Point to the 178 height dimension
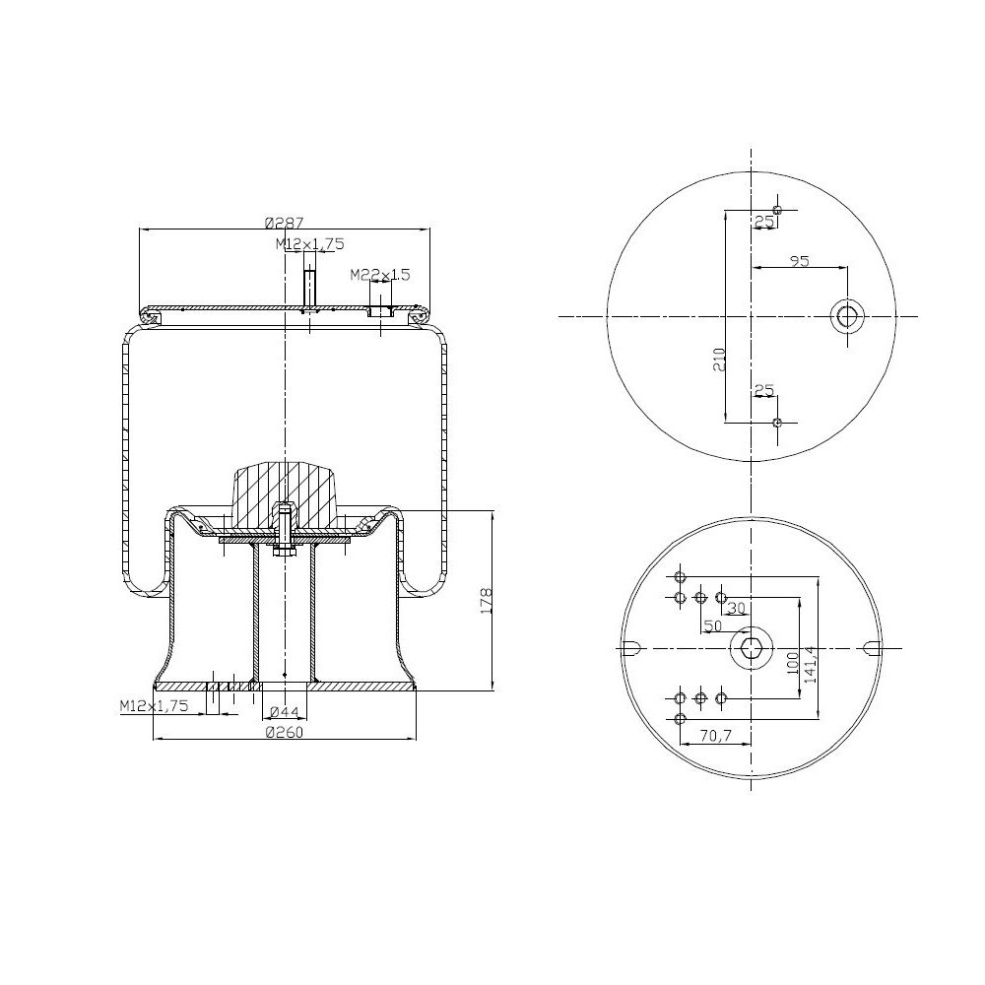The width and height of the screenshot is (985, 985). (x=486, y=600)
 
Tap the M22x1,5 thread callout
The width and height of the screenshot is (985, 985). (x=380, y=274)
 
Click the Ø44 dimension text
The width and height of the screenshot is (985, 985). (x=285, y=712)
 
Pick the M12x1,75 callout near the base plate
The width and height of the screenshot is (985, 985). (x=153, y=705)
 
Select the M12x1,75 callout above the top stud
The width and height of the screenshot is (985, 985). (x=309, y=243)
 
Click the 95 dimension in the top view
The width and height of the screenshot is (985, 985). (x=799, y=261)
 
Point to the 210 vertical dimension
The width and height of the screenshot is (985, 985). (x=719, y=360)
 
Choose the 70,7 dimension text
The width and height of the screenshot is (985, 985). (x=714, y=735)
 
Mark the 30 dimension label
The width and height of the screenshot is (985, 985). (x=735, y=609)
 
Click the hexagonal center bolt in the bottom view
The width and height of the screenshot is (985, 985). (x=752, y=647)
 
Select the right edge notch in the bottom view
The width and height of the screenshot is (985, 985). (x=871, y=647)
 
